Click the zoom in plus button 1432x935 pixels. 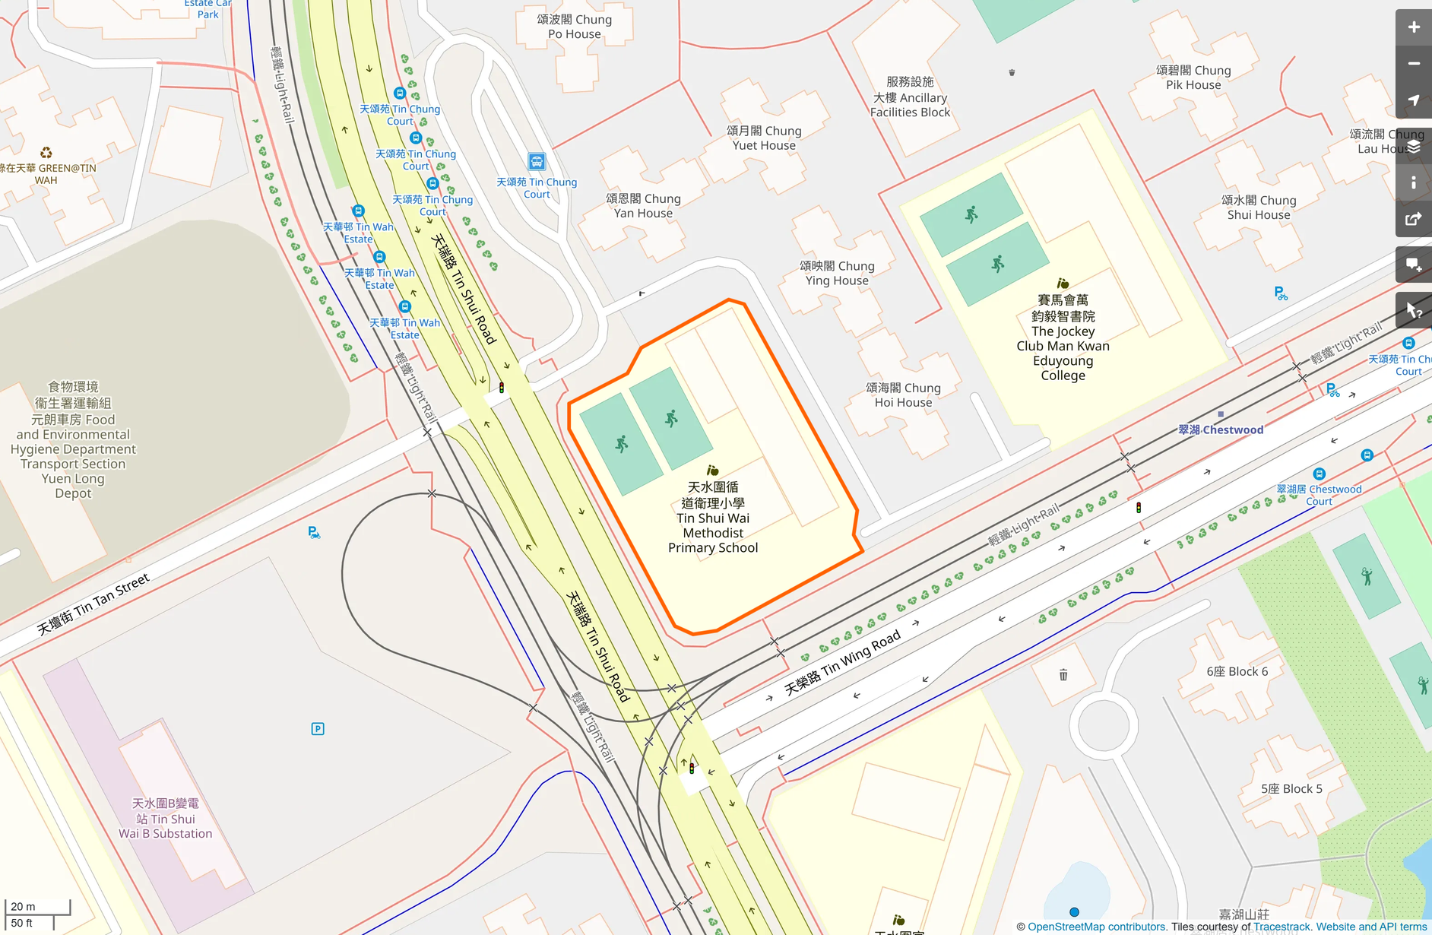tap(1413, 27)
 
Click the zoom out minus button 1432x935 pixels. tap(1413, 64)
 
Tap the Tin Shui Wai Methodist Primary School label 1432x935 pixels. tap(713, 517)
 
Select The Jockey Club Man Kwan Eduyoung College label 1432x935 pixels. tap(1063, 338)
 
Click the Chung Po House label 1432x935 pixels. tap(575, 27)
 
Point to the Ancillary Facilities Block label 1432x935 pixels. tap(910, 97)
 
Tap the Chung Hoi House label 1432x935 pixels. tap(903, 395)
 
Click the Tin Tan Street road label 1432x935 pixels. tap(93, 605)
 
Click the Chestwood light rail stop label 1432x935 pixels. tap(1221, 429)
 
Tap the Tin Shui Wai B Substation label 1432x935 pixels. tap(166, 819)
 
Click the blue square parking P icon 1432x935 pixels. tap(318, 729)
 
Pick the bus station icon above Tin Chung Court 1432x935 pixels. tap(537, 161)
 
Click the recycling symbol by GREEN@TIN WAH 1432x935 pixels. tap(46, 153)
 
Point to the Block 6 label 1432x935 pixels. tap(1237, 671)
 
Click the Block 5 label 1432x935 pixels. tap(1291, 788)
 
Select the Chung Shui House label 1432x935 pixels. tap(1259, 208)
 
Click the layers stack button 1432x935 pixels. tap(1413, 147)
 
